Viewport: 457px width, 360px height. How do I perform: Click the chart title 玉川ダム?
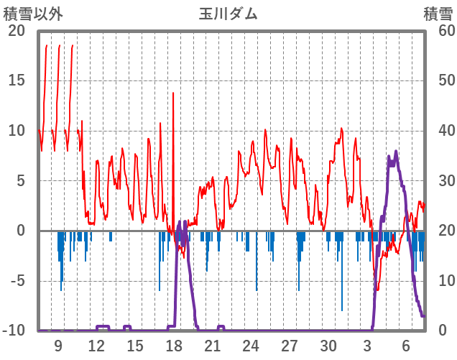228,14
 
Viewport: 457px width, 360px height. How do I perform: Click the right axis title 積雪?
438,14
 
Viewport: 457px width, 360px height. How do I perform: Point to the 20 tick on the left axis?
17,30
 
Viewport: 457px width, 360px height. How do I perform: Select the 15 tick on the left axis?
17,80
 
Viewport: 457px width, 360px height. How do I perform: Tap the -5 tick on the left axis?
17,281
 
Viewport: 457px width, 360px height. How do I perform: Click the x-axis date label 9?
58,346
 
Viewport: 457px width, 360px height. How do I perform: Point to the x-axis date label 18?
174,346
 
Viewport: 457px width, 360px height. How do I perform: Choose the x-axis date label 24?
251,346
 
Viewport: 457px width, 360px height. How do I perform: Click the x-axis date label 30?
328,346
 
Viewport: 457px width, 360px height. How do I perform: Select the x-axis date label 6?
406,346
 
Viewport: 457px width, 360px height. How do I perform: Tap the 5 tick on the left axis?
20,180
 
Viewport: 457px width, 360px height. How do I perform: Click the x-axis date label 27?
290,346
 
